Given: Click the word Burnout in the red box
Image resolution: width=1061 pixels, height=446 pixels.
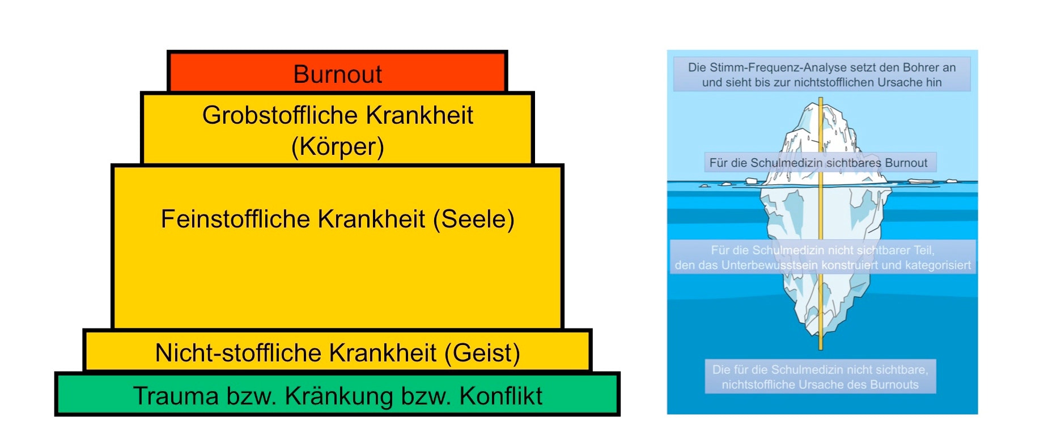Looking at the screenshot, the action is [337, 74].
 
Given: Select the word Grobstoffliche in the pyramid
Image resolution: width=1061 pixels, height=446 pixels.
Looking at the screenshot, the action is [280, 115].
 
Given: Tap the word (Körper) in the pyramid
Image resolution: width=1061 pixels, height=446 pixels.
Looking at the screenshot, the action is [338, 146].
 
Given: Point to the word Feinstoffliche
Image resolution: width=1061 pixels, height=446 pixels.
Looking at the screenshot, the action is [237, 219].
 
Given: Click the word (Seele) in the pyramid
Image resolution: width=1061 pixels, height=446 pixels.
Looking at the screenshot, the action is [474, 220].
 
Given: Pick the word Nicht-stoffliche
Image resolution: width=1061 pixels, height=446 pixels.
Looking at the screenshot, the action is [240, 352].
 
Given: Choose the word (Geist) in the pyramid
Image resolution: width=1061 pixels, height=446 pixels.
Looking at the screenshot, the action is [482, 353].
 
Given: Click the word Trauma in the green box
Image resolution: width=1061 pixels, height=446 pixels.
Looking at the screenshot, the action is [176, 396].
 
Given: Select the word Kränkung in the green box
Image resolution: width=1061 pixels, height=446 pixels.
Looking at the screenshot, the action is [338, 396].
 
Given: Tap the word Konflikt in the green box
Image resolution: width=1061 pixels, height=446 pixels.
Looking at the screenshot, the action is [501, 396].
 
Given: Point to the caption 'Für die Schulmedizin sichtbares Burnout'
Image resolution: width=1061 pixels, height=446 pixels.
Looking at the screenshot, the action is [818, 163].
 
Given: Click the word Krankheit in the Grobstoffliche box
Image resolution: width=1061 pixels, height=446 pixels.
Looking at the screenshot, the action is [419, 115].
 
